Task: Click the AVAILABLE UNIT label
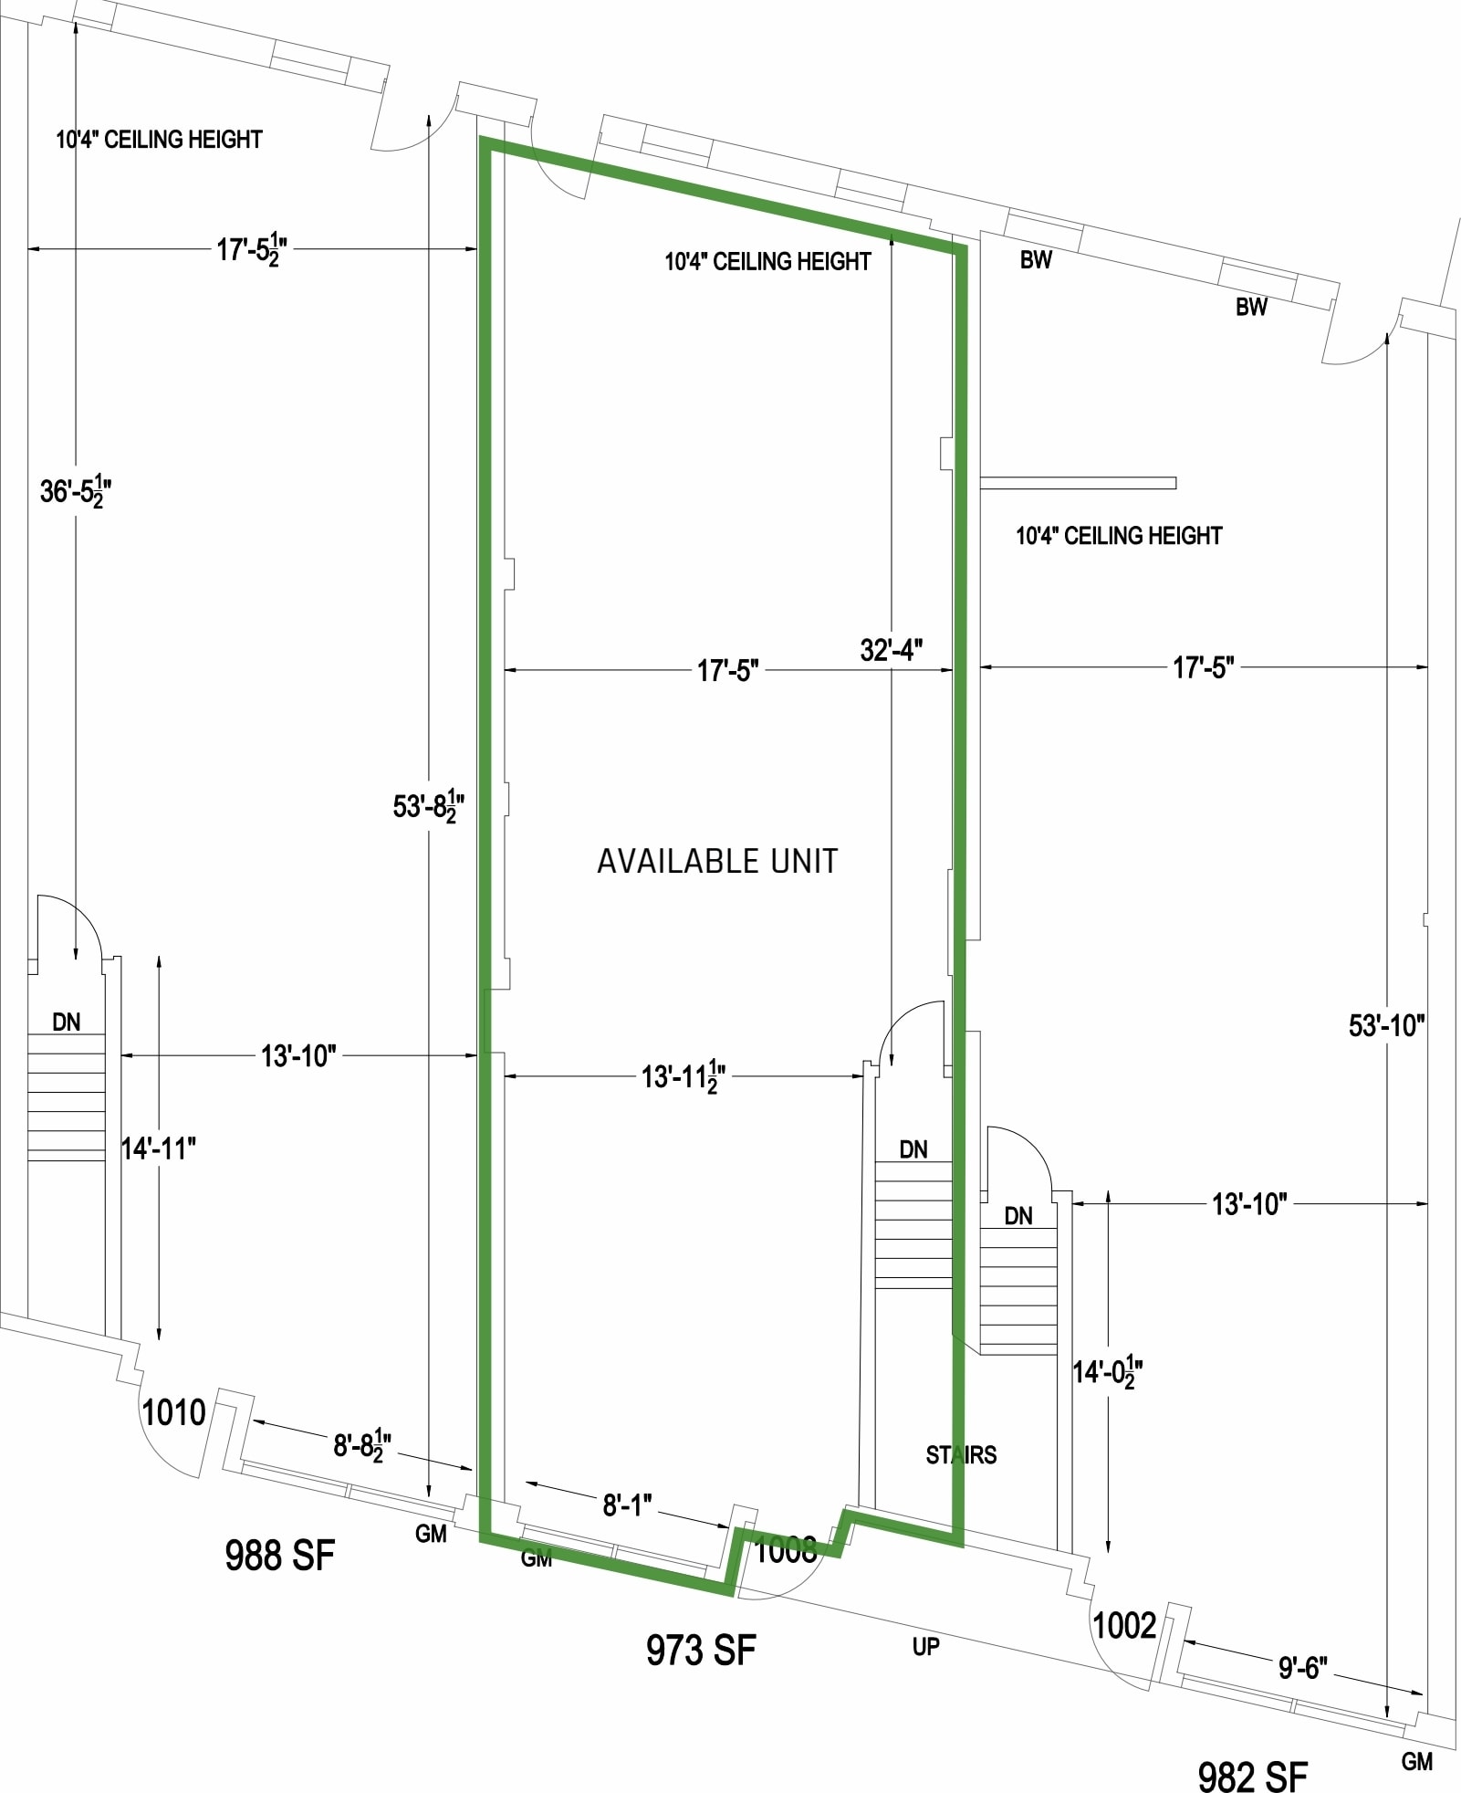[x=717, y=861]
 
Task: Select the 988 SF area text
[x=279, y=1555]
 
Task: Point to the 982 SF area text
[x=1252, y=1776]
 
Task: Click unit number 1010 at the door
[x=173, y=1412]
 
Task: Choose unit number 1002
[x=1124, y=1625]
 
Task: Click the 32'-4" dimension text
[x=891, y=650]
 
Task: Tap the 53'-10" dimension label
[x=1386, y=1025]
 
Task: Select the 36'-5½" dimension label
[x=76, y=491]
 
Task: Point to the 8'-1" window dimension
[x=627, y=1505]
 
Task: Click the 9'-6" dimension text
[x=1302, y=1668]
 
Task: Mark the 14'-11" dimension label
[x=159, y=1148]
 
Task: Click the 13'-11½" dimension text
[x=684, y=1077]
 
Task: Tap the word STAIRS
[x=961, y=1454]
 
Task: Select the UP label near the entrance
[x=925, y=1646]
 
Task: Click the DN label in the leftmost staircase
[x=66, y=1022]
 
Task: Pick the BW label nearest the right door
[x=1251, y=307]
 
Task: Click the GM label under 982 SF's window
[x=1416, y=1761]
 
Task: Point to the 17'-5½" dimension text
[x=252, y=248]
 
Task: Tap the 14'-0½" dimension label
[x=1108, y=1371]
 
